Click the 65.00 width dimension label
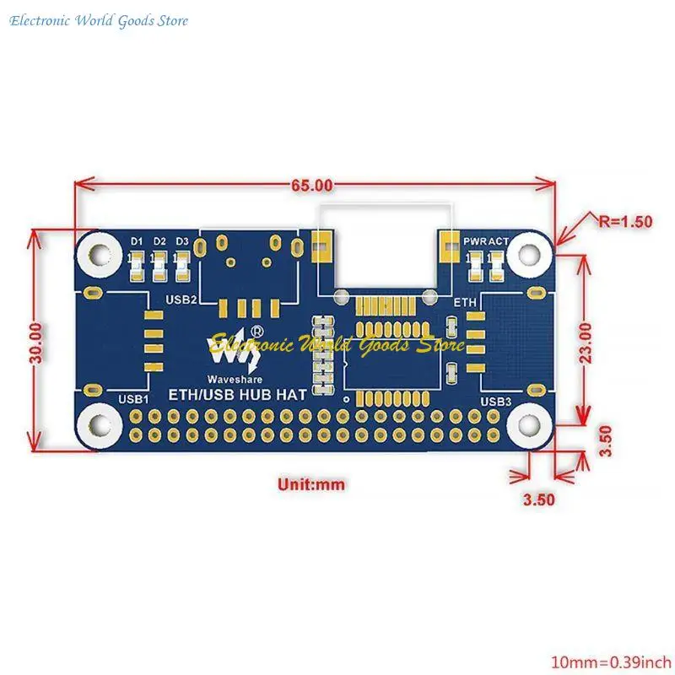coord(313,185)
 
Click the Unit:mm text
coord(311,484)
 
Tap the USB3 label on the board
coord(496,402)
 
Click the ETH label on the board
coord(466,301)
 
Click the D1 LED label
coord(138,241)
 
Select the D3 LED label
coord(182,241)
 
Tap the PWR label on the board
coord(473,241)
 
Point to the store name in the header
coord(100,21)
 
